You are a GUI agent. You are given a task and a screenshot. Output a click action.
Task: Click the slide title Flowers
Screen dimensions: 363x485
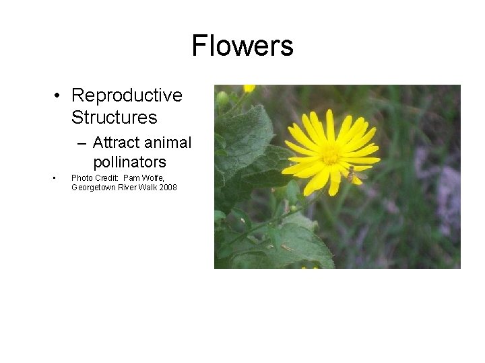point(243,46)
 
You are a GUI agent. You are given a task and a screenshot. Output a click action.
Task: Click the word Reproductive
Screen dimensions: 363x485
point(127,95)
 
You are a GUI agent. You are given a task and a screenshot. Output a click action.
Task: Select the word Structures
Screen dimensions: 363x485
point(114,118)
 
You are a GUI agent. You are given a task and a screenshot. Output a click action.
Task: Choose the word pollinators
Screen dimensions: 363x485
point(129,162)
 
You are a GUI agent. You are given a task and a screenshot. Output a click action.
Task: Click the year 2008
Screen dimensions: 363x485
point(168,188)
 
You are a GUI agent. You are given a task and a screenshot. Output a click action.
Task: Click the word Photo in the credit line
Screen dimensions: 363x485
point(80,178)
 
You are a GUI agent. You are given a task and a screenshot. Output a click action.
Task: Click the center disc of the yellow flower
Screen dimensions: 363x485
point(330,155)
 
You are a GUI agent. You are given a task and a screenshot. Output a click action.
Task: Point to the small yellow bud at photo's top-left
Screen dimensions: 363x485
point(249,88)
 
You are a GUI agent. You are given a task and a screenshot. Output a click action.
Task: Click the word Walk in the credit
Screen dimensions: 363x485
point(150,188)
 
